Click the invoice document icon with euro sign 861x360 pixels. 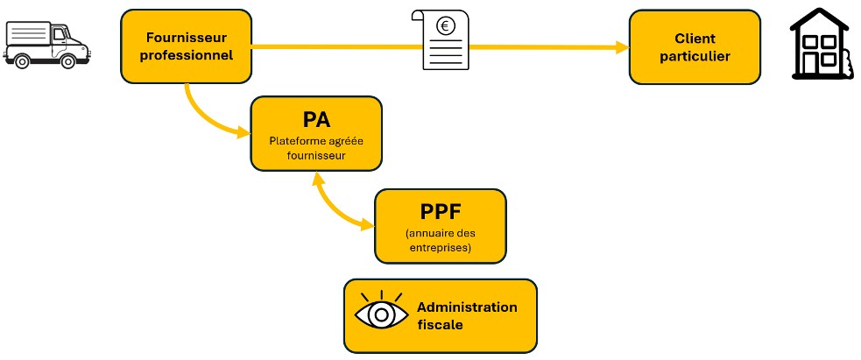pyautogui.click(x=444, y=39)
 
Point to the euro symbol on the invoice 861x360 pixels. pyautogui.click(x=445, y=26)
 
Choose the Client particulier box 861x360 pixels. pyautogui.click(x=695, y=47)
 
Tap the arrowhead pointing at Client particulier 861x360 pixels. pyautogui.click(x=621, y=47)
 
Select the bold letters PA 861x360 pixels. pyautogui.click(x=316, y=118)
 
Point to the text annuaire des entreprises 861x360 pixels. pyautogui.click(x=440, y=240)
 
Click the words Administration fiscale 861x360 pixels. pyautogui.click(x=467, y=315)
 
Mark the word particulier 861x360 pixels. pyautogui.click(x=695, y=56)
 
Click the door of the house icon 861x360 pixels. pyautogui.click(x=823, y=63)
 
